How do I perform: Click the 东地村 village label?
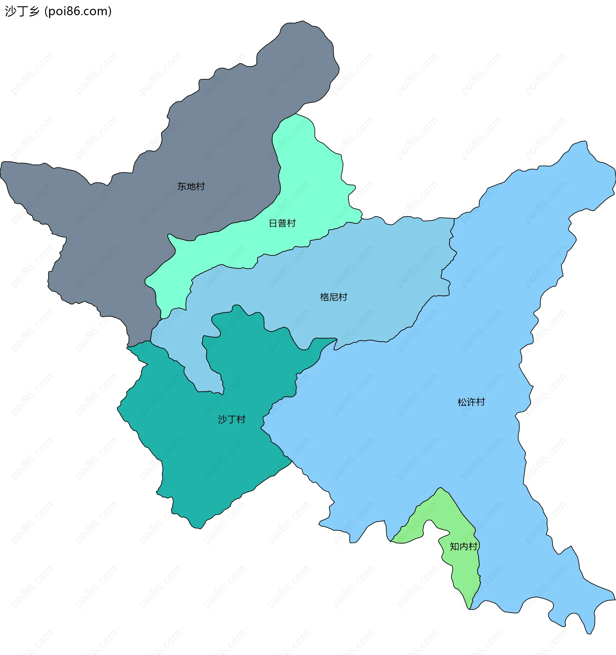(191, 186)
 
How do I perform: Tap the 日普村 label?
(282, 223)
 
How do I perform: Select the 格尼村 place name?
(334, 297)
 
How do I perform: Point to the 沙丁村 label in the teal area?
(232, 420)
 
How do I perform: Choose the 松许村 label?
(471, 402)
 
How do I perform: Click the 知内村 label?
(463, 546)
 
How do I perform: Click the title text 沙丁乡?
(22, 12)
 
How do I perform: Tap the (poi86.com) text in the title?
(78, 12)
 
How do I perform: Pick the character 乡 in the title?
(34, 12)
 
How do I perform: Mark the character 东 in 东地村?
(182, 186)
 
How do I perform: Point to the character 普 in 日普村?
(282, 223)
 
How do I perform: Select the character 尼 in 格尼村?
(334, 297)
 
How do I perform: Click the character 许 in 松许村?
(471, 402)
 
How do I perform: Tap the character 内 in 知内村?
(464, 546)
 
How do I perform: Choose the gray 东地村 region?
(132, 214)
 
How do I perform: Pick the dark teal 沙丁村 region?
(198, 461)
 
